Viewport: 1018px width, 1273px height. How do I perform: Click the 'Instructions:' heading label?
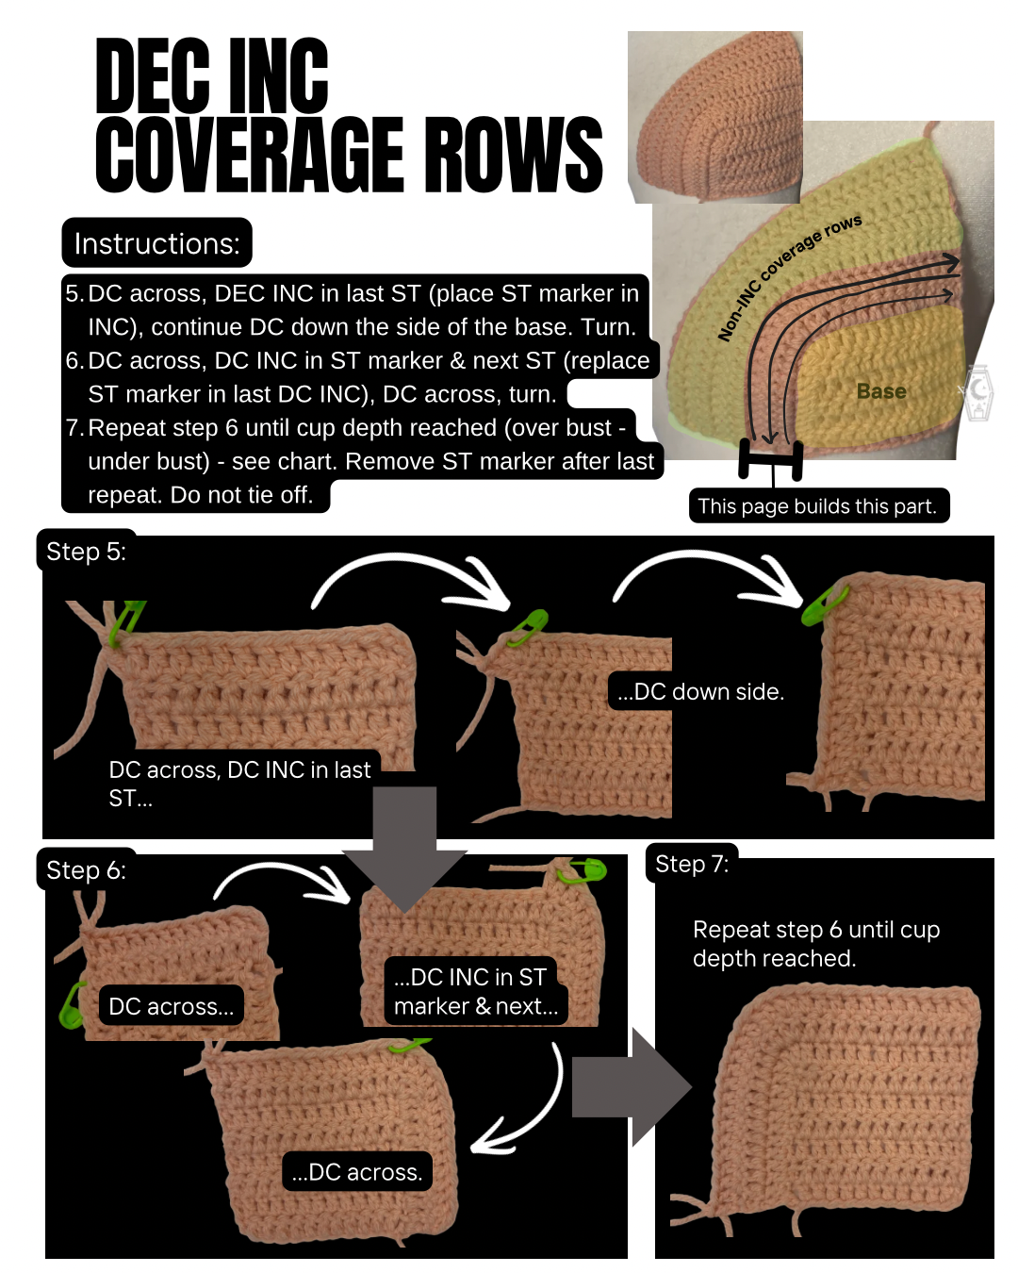tap(156, 243)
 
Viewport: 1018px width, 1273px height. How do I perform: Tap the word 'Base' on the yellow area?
tap(880, 391)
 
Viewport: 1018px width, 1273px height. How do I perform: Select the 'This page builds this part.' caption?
tap(818, 505)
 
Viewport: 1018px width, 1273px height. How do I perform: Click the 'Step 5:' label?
tap(87, 552)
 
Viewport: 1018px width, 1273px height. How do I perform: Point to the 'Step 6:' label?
tap(87, 870)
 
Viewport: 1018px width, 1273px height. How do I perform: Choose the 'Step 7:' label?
tap(692, 864)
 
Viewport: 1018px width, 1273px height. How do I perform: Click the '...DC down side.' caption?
tap(700, 691)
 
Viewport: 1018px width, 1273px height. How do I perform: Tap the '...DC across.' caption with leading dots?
tap(357, 1172)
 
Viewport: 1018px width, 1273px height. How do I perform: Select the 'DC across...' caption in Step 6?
tap(172, 1005)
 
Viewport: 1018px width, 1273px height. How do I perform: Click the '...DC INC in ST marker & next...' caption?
tap(476, 991)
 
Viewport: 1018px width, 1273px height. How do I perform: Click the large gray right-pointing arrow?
tap(632, 1087)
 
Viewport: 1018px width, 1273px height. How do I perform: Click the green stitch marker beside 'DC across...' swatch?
tap(73, 1005)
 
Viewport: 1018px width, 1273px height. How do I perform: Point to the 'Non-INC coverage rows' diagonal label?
tap(790, 277)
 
